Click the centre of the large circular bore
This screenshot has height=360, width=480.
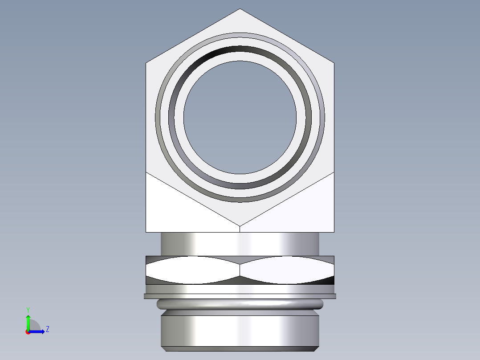tap(240, 117)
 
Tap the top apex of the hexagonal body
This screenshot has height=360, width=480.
tap(240, 9)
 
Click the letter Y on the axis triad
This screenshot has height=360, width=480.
tap(28, 309)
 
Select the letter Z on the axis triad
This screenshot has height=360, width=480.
tap(47, 329)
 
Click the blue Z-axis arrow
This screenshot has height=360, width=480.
tap(38, 331)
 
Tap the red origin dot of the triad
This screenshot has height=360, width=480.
tap(28, 332)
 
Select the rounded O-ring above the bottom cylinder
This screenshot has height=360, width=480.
tap(240, 304)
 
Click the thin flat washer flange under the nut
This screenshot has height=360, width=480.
tap(240, 296)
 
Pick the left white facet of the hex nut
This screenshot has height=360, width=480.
tap(191, 270)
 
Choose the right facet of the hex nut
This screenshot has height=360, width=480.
tap(287, 270)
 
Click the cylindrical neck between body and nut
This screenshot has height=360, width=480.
tap(240, 244)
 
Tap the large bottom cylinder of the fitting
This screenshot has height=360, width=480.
tap(240, 330)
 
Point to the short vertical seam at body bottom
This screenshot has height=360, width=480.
tap(240, 229)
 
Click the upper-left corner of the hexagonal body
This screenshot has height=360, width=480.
tap(146, 62)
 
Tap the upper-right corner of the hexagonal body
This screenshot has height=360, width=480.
tap(334, 62)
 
